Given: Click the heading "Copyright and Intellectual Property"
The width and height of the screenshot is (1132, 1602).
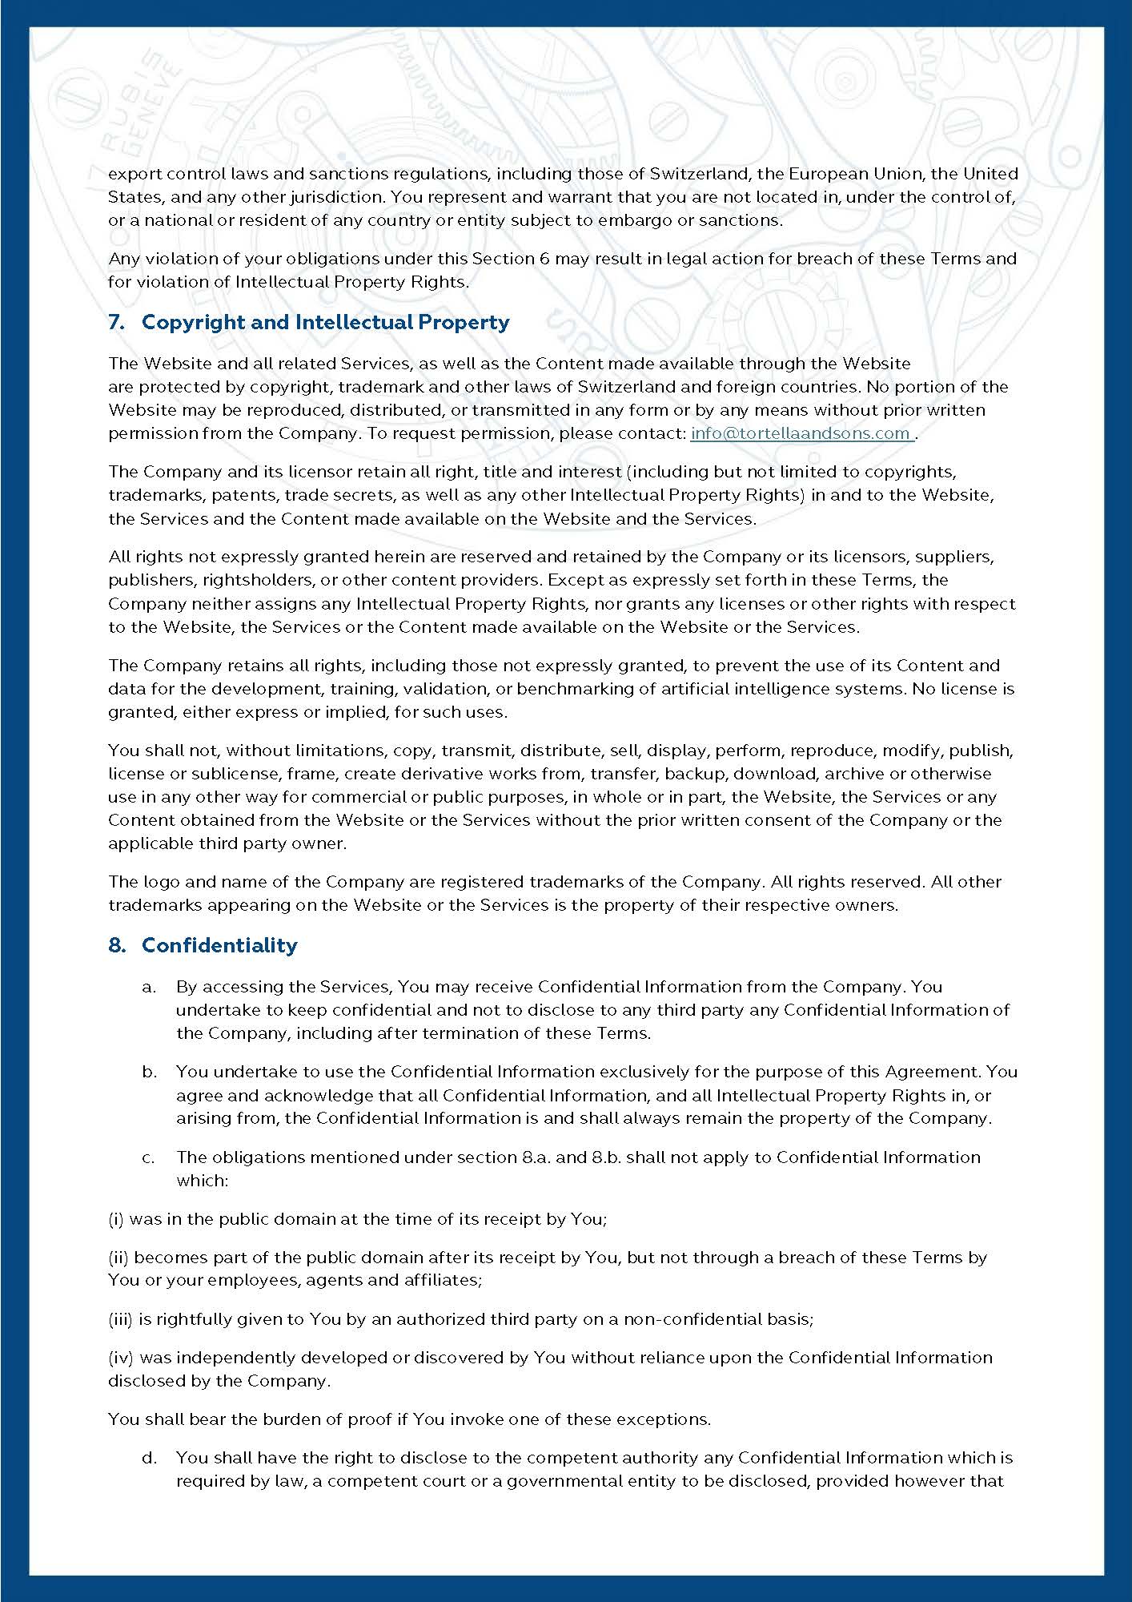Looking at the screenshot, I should coord(325,322).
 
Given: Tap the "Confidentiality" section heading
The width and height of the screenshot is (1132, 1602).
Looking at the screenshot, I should coord(219,945).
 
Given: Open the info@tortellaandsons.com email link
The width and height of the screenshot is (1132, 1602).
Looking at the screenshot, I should coord(801,433).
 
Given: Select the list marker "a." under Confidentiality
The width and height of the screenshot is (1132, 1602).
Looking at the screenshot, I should coord(149,987).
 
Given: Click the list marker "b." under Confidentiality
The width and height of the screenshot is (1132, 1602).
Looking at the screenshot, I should coord(149,1072).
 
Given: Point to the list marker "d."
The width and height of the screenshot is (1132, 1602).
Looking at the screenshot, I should coord(149,1458).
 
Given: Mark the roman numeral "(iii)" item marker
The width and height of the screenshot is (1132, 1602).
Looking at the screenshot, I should coord(121,1318).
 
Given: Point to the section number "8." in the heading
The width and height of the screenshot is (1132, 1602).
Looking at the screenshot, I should coord(117,945).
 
